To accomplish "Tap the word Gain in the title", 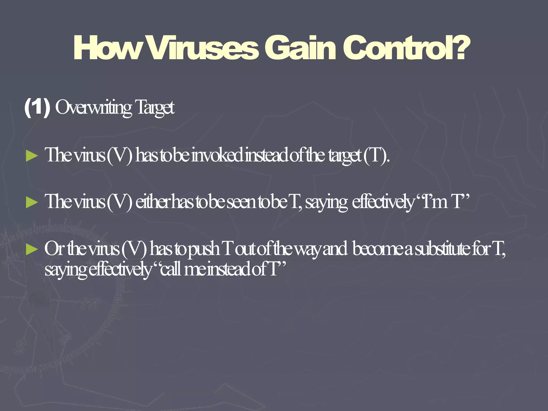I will click(x=300, y=48).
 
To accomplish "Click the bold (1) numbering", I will click(x=37, y=107).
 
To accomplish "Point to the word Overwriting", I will click(x=93, y=108).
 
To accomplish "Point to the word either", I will click(x=153, y=202).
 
